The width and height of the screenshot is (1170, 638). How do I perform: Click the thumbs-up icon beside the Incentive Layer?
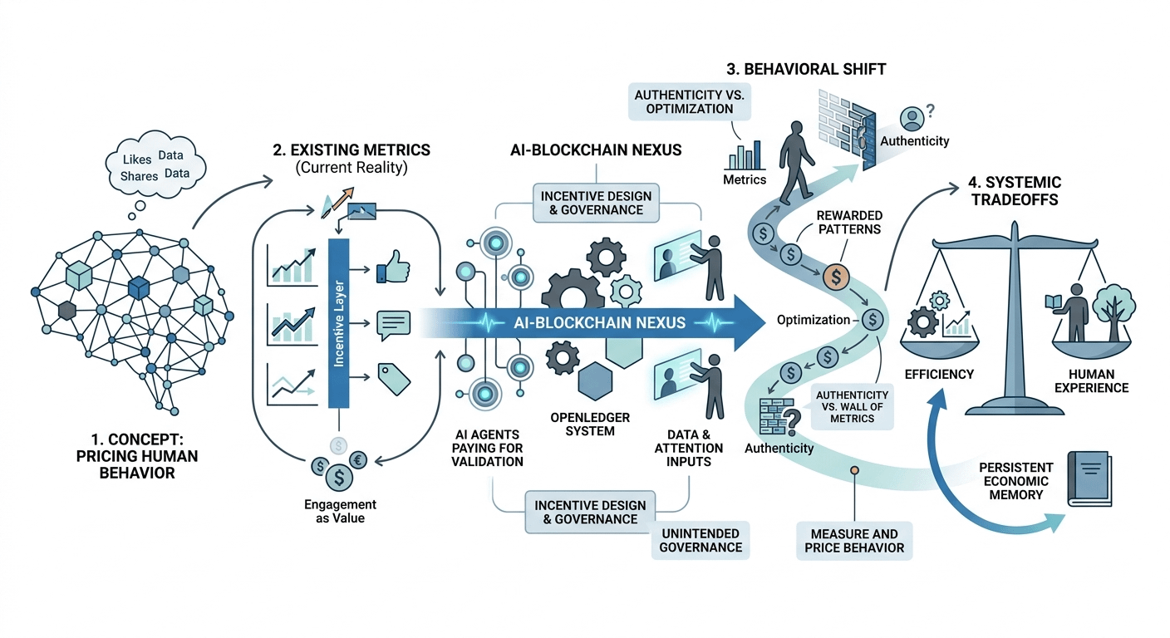pos(393,267)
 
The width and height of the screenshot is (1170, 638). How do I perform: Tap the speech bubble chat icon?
pos(393,325)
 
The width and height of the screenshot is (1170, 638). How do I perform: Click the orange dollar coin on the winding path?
pos(836,277)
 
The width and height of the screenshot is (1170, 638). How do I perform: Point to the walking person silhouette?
pos(796,162)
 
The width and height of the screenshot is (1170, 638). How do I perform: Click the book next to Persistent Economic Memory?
pos(1089,478)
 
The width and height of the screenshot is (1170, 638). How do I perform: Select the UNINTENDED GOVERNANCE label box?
pos(701,540)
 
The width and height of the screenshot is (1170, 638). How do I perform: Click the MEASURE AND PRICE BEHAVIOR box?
pos(854,541)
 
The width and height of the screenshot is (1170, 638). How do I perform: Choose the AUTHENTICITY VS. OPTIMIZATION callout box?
pos(690,102)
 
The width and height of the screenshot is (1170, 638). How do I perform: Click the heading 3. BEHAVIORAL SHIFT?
pos(806,70)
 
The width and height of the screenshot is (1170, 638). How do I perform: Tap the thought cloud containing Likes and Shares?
pos(155,164)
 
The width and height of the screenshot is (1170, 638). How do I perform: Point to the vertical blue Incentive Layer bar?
pos(338,323)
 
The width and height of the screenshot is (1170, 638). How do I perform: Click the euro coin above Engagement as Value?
pos(358,460)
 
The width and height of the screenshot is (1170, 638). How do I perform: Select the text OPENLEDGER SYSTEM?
pos(590,425)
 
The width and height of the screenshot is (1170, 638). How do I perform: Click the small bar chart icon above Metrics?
pos(745,155)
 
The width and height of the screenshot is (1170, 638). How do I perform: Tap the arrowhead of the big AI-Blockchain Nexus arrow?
pos(750,323)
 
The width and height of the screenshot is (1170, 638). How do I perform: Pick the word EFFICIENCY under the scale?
pos(939,375)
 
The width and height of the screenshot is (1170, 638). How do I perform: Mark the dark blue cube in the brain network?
pos(139,287)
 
